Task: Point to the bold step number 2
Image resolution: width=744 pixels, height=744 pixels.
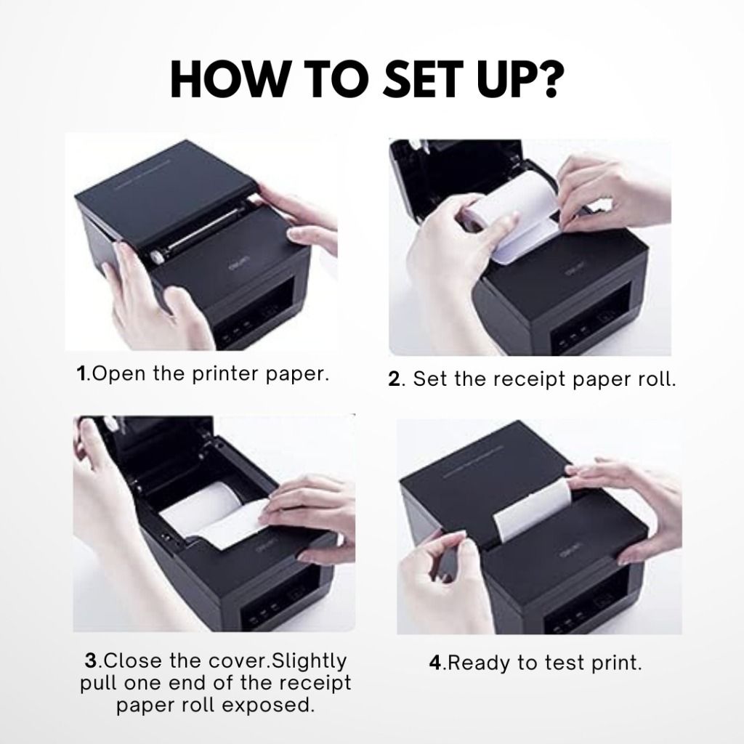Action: click(x=395, y=380)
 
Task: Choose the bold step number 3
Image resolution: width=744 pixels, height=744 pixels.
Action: click(x=91, y=661)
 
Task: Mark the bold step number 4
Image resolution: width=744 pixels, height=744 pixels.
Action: click(x=435, y=663)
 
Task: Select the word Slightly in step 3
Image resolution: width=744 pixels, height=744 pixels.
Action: click(x=307, y=661)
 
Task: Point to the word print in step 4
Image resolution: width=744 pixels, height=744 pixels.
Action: click(x=616, y=663)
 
